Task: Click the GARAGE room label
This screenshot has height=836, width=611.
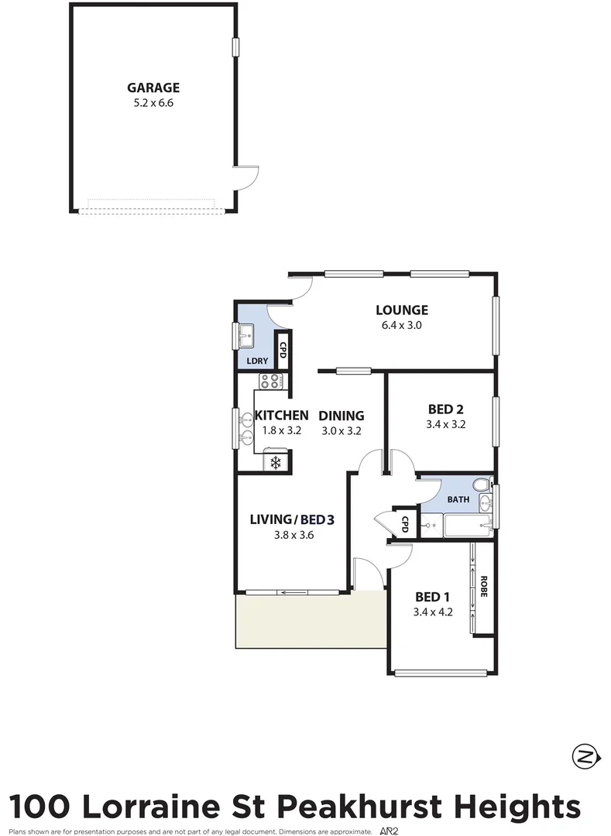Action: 153,87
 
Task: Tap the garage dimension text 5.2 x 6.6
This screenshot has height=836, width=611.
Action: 153,102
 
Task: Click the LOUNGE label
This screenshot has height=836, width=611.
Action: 401,310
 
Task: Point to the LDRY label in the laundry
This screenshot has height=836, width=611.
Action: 256,361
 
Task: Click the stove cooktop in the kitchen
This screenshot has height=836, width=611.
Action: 270,380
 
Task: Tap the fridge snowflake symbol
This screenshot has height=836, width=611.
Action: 274,462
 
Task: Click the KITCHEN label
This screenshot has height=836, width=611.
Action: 282,416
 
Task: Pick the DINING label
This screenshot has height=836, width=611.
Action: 342,416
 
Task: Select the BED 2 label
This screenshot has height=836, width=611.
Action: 445,409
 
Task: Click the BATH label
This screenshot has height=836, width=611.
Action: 458,499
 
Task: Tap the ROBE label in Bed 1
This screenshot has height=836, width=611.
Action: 483,586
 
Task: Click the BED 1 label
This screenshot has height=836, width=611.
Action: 432,597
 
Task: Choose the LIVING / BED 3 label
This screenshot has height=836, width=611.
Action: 292,519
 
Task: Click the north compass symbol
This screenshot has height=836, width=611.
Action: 585,755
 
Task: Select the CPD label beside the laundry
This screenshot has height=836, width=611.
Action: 283,351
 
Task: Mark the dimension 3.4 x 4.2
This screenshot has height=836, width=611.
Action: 433,612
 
